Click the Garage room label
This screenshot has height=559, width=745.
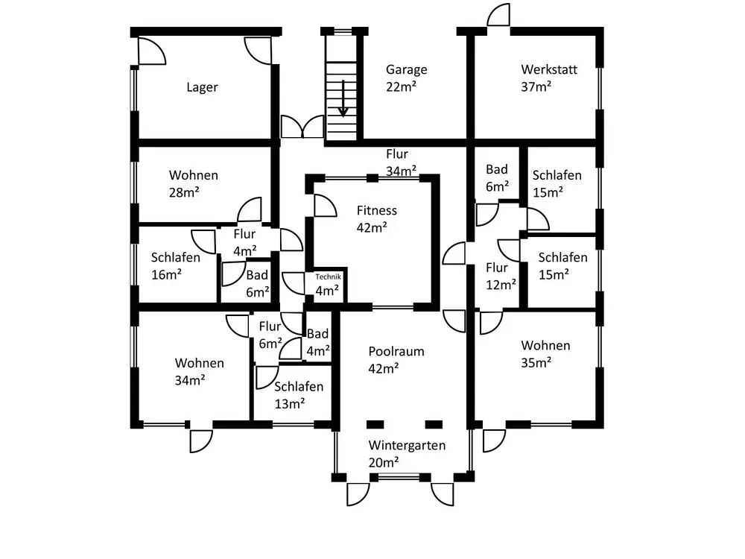[x=406, y=69]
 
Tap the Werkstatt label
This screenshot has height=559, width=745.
[x=549, y=69]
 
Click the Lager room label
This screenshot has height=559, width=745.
[x=202, y=87]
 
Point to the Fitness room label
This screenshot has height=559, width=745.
[x=376, y=211]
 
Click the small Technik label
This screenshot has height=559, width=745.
[x=328, y=277]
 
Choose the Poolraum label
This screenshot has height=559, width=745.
[x=396, y=350]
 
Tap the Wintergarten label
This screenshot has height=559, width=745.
[x=407, y=446]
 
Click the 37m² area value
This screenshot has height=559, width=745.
[x=536, y=86]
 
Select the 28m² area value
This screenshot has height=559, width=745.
[x=185, y=192]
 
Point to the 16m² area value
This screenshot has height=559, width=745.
[x=166, y=274]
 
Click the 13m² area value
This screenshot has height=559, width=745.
[x=290, y=403]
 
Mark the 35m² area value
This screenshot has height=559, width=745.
[x=536, y=363]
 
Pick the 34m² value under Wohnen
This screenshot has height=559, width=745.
[x=190, y=380]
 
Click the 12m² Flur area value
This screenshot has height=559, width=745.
[x=501, y=284]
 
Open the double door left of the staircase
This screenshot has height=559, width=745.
[x=302, y=127]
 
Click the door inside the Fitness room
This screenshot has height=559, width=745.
[x=325, y=206]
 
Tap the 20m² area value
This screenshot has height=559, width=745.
[x=384, y=462]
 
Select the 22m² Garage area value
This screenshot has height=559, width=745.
[x=401, y=86]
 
